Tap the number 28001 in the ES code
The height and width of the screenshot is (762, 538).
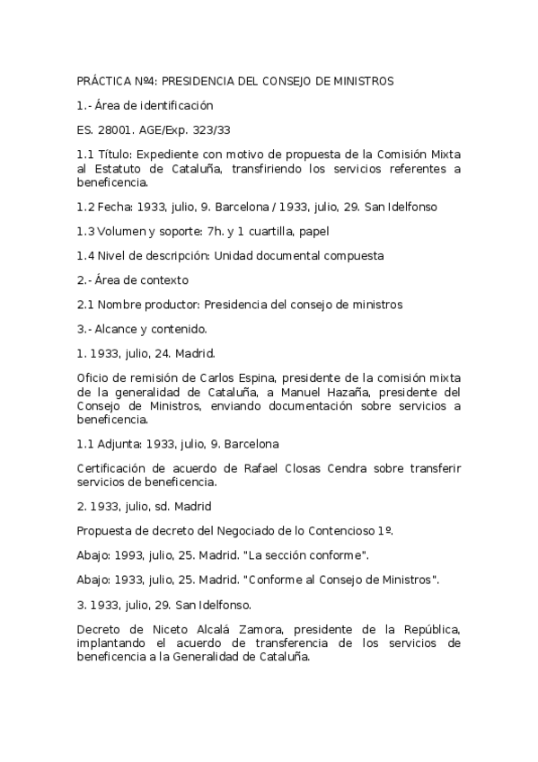(x=113, y=129)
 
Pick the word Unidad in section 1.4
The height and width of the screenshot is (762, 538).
(x=231, y=255)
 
